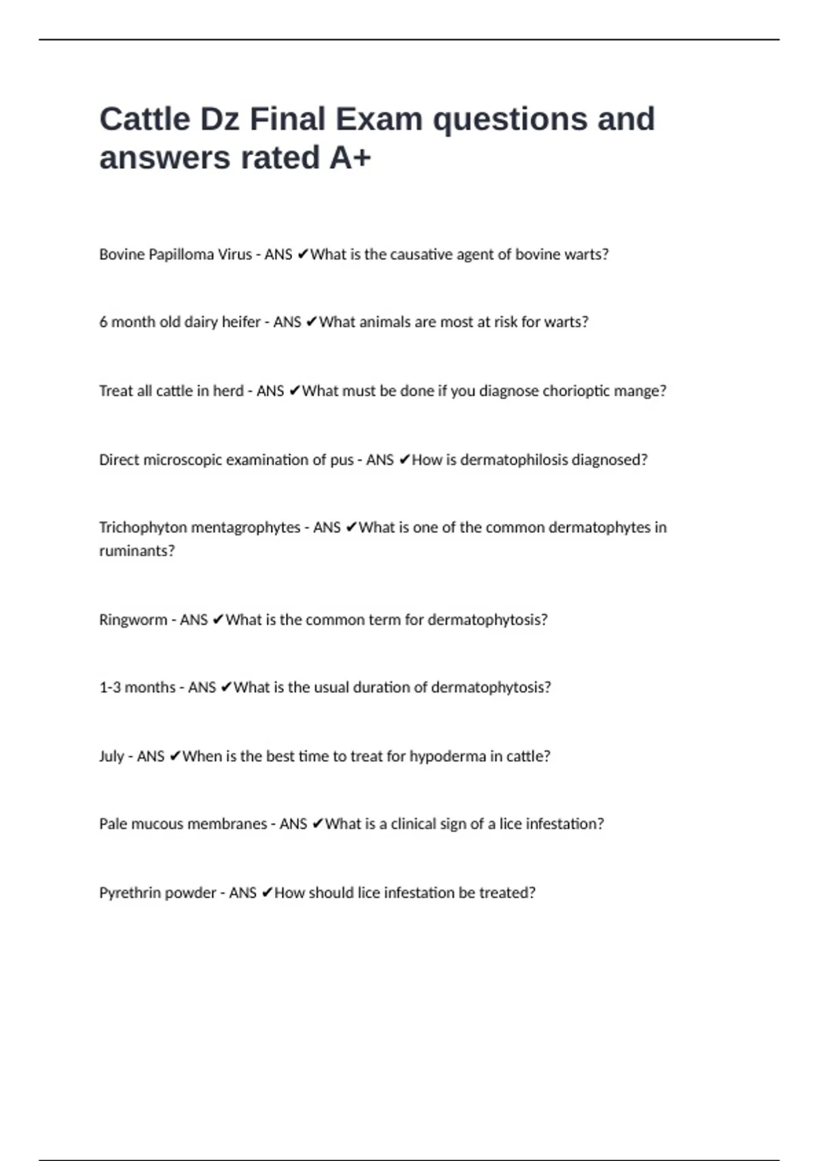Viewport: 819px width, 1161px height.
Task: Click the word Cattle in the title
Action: point(145,120)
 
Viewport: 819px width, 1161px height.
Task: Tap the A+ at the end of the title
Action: point(350,158)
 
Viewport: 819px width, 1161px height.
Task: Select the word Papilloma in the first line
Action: point(181,255)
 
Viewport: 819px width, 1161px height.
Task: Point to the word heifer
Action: point(241,322)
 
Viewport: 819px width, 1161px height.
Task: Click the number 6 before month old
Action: point(103,322)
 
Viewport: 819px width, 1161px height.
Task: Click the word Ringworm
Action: point(133,620)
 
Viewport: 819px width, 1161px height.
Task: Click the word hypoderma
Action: point(448,757)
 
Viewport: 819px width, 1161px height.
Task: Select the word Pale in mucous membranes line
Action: point(113,824)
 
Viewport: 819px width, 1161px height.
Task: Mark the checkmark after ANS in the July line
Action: point(175,757)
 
